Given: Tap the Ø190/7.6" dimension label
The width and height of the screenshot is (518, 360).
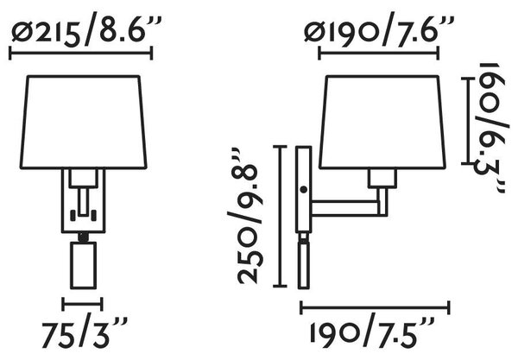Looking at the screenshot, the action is pyautogui.click(x=379, y=28).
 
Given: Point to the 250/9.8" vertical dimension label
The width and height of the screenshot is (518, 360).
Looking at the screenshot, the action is pyautogui.click(x=246, y=216).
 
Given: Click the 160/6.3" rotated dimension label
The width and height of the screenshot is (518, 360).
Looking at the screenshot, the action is pyautogui.click(x=490, y=128).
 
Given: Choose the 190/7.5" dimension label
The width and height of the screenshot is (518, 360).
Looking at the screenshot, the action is pyautogui.click(x=372, y=332).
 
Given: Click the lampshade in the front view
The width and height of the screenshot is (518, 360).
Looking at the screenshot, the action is pyautogui.click(x=83, y=123).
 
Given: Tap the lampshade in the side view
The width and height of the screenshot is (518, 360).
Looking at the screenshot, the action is pyautogui.click(x=382, y=123).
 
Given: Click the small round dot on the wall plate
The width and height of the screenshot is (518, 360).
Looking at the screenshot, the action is pyautogui.click(x=303, y=190).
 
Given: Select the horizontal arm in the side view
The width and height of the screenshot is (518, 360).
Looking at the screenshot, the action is pyautogui.click(x=345, y=208).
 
